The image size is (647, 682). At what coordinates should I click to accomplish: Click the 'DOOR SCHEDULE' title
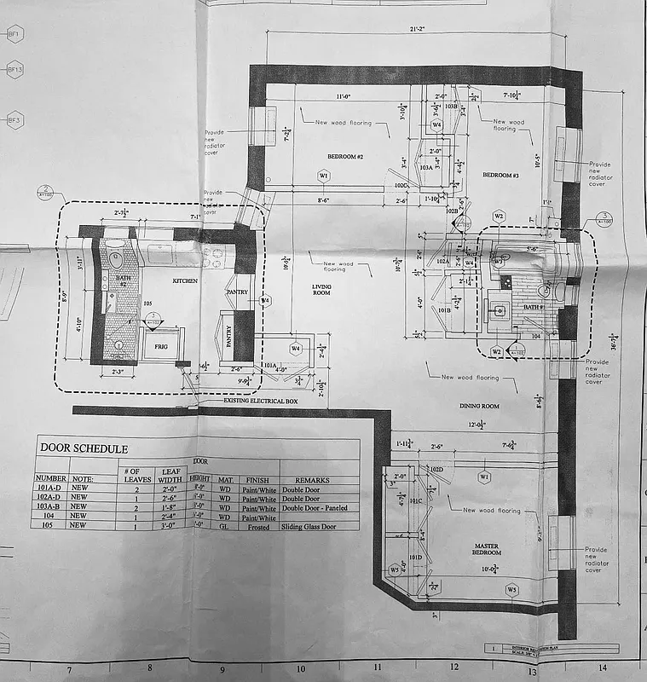pos(82,448)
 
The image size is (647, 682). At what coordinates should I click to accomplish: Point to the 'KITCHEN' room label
pos(185,280)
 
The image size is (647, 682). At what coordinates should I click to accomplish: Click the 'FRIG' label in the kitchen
pos(161,347)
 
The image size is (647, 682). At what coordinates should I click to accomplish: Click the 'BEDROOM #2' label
pos(345,158)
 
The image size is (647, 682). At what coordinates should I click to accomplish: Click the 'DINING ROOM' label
pos(479,406)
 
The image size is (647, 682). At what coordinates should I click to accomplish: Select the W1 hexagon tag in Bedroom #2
pos(323,176)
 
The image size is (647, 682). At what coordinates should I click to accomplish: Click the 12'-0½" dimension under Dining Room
pos(476,425)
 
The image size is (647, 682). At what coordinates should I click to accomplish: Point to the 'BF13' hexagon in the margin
pos(14,69)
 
